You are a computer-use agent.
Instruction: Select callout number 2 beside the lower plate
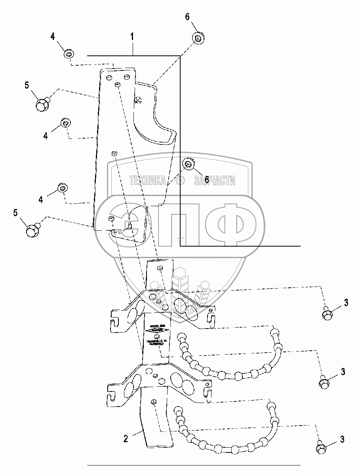click(x=126, y=439)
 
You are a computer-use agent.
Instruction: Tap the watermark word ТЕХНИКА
click(x=148, y=181)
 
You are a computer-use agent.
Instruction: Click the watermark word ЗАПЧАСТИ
click(x=215, y=181)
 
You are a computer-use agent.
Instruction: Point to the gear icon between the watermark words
click(x=181, y=181)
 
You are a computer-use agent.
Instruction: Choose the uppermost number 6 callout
click(x=187, y=17)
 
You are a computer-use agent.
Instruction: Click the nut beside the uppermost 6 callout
click(x=198, y=38)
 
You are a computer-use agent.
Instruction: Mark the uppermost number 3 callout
click(x=346, y=303)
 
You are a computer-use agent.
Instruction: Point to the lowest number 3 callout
click(x=342, y=439)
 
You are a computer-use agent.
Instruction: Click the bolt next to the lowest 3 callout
click(x=321, y=448)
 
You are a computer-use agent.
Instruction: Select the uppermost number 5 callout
click(x=27, y=85)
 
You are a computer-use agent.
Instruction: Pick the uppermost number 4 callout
click(x=53, y=37)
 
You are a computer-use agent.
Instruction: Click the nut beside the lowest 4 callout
click(x=62, y=188)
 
